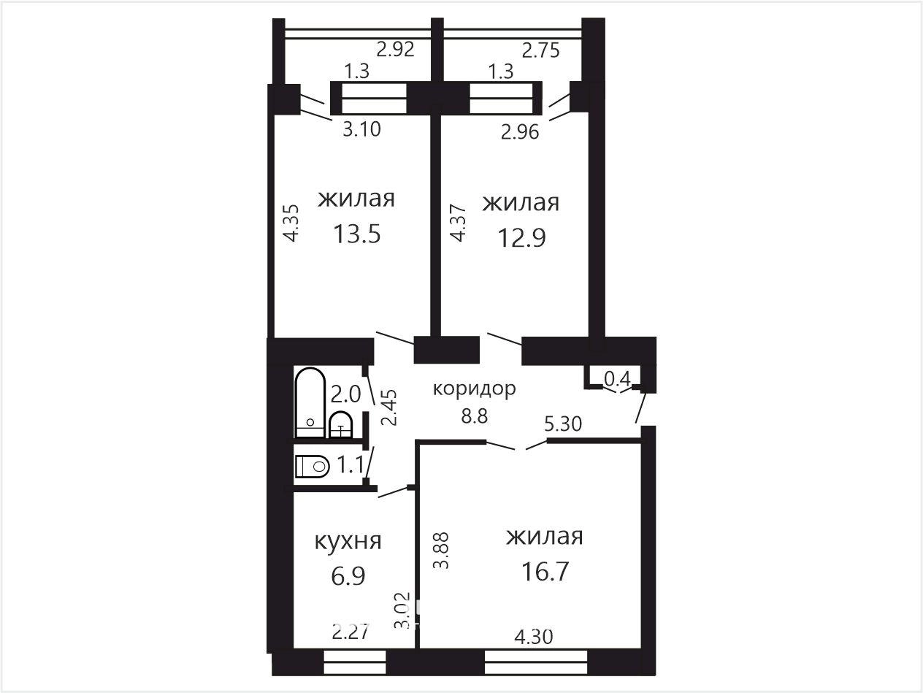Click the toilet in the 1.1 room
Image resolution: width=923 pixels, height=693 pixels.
(x=312, y=467)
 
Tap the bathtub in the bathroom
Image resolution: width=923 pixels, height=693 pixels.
(x=310, y=403)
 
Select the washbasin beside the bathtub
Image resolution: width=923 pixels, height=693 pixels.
(x=340, y=425)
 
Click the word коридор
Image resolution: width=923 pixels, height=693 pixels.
(x=474, y=389)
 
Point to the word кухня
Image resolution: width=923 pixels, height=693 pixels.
(x=348, y=541)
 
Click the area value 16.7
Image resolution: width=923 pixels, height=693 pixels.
(x=545, y=571)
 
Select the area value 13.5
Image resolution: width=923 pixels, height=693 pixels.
(x=356, y=234)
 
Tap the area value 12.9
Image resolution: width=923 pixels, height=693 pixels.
(x=521, y=237)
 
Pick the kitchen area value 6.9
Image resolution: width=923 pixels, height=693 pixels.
(x=348, y=575)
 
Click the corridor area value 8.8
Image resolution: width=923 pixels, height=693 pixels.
(x=475, y=416)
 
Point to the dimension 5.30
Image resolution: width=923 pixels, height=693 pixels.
(x=563, y=424)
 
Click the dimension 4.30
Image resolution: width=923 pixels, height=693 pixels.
(x=534, y=637)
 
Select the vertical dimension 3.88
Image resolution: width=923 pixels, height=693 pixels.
(x=442, y=551)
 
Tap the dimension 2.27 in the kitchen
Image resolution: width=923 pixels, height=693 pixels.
(x=351, y=632)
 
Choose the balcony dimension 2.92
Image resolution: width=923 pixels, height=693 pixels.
(x=395, y=49)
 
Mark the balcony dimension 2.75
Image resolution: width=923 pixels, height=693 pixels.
(x=541, y=50)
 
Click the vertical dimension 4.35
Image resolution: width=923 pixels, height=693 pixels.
(x=291, y=223)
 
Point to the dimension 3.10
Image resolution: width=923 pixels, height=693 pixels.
(x=361, y=129)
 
